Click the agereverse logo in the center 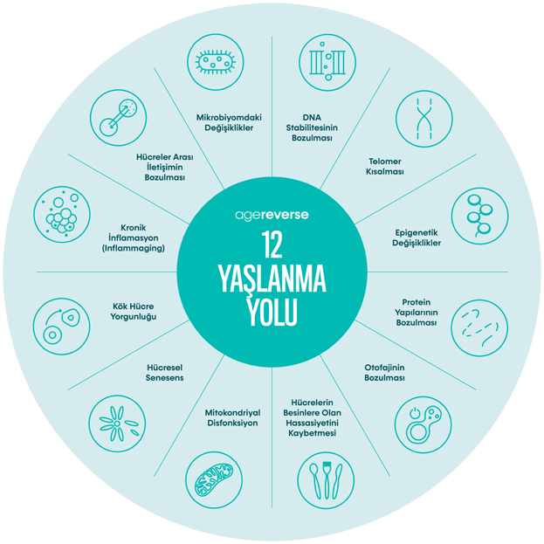pos(272,213)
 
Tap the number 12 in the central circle pos(272,246)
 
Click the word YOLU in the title pos(272,312)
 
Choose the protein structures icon pos(479,326)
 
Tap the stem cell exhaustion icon pos(62,326)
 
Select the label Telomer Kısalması pos(383,166)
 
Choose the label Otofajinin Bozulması pos(385,373)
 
